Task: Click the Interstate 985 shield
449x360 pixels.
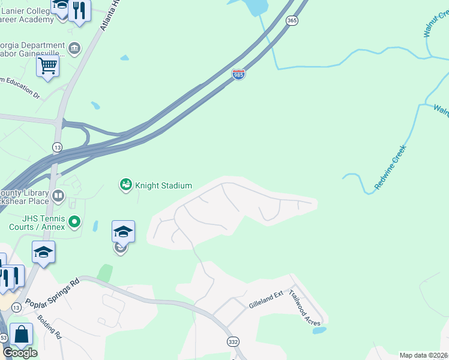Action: pyautogui.click(x=238, y=74)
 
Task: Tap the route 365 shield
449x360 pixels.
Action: pyautogui.click(x=292, y=20)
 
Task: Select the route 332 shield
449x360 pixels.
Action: pyautogui.click(x=234, y=341)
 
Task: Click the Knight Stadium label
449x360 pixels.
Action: pyautogui.click(x=163, y=185)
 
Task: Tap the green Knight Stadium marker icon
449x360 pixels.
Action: pyautogui.click(x=125, y=185)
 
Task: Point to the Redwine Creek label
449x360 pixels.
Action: pyautogui.click(x=390, y=167)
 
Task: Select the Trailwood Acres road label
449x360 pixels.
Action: pyautogui.click(x=304, y=308)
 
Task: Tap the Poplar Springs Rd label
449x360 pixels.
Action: pyautogui.click(x=52, y=293)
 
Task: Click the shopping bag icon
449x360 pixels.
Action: pyautogui.click(x=22, y=334)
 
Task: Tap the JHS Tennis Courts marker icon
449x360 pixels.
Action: pyautogui.click(x=74, y=222)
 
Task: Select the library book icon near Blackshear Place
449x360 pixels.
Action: pyautogui.click(x=58, y=196)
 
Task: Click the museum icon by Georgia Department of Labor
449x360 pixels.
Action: pyautogui.click(x=74, y=48)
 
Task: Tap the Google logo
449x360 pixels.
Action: pyautogui.click(x=20, y=353)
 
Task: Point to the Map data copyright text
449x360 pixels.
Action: pyautogui.click(x=423, y=355)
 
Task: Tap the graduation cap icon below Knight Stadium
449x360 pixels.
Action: pyautogui.click(x=123, y=232)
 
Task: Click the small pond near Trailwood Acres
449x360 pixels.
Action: pyautogui.click(x=319, y=330)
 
